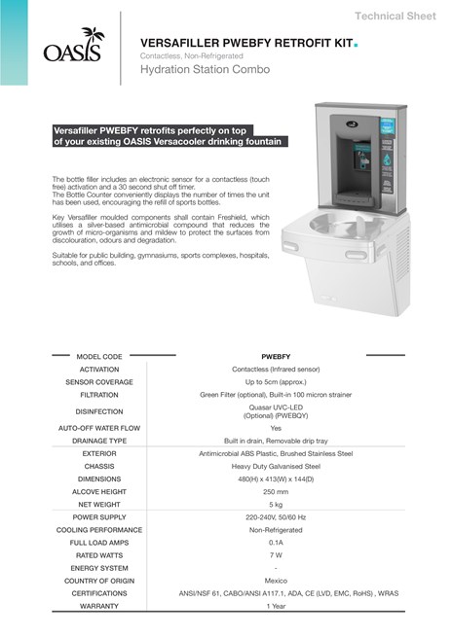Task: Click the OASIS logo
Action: tap(71, 45)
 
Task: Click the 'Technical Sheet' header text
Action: tap(395, 17)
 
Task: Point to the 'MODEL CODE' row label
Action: tap(98, 357)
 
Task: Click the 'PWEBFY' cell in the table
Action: tap(276, 357)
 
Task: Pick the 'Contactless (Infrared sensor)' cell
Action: tap(276, 370)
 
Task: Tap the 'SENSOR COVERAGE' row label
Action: tap(98, 382)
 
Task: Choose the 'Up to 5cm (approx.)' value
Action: tap(276, 382)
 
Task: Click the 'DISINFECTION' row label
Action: tap(98, 411)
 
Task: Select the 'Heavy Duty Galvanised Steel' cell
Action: tap(276, 466)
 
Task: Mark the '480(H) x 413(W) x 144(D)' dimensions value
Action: tap(276, 478)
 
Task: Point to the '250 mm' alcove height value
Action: tap(276, 491)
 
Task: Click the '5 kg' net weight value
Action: tap(276, 504)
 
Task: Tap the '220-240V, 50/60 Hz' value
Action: tap(276, 517)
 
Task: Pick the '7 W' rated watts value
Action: tap(276, 555)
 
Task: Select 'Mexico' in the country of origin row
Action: tap(276, 581)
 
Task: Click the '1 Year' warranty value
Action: tap(276, 606)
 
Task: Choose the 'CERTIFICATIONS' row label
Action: tap(98, 593)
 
